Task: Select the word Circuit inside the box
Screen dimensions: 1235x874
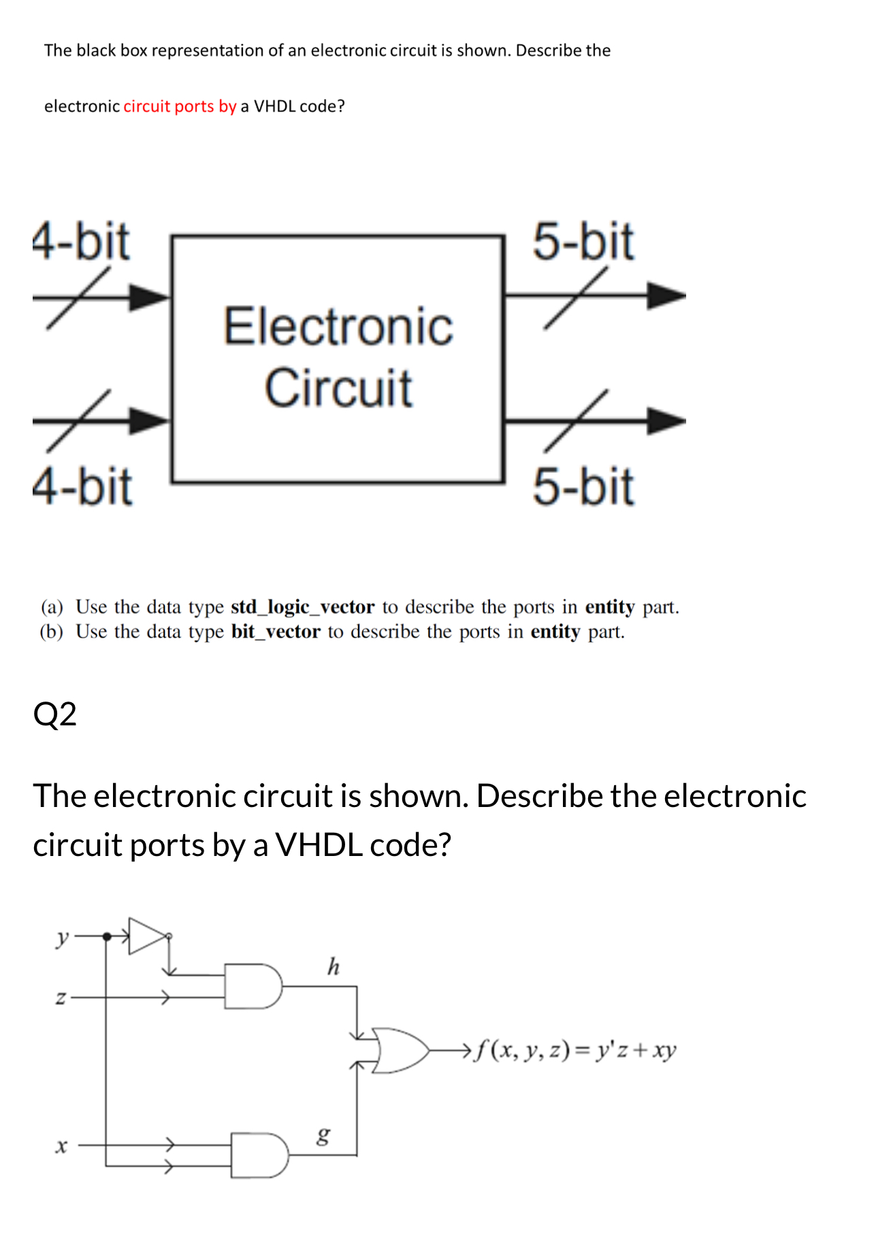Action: (338, 388)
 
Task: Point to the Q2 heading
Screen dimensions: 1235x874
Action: (54, 714)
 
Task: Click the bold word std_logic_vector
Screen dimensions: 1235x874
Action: (302, 606)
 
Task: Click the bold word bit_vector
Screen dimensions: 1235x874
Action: (276, 631)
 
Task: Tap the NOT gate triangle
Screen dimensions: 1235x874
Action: (147, 936)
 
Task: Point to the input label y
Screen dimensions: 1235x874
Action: (62, 938)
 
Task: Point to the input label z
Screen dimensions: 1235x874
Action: (61, 998)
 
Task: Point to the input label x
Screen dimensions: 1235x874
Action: (61, 1147)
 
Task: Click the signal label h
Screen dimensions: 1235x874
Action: (333, 966)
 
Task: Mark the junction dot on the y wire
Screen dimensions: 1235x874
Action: (106, 937)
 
